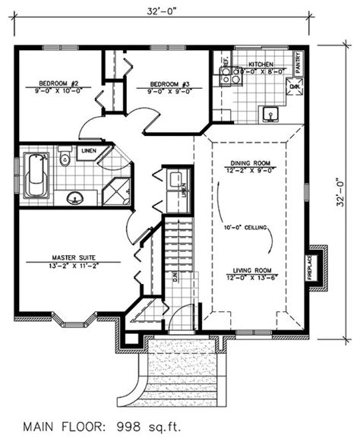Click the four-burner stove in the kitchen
coord(230,74)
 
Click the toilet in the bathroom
coord(65,157)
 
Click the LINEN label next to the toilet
coord(87,150)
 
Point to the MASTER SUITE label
coord(74,256)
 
